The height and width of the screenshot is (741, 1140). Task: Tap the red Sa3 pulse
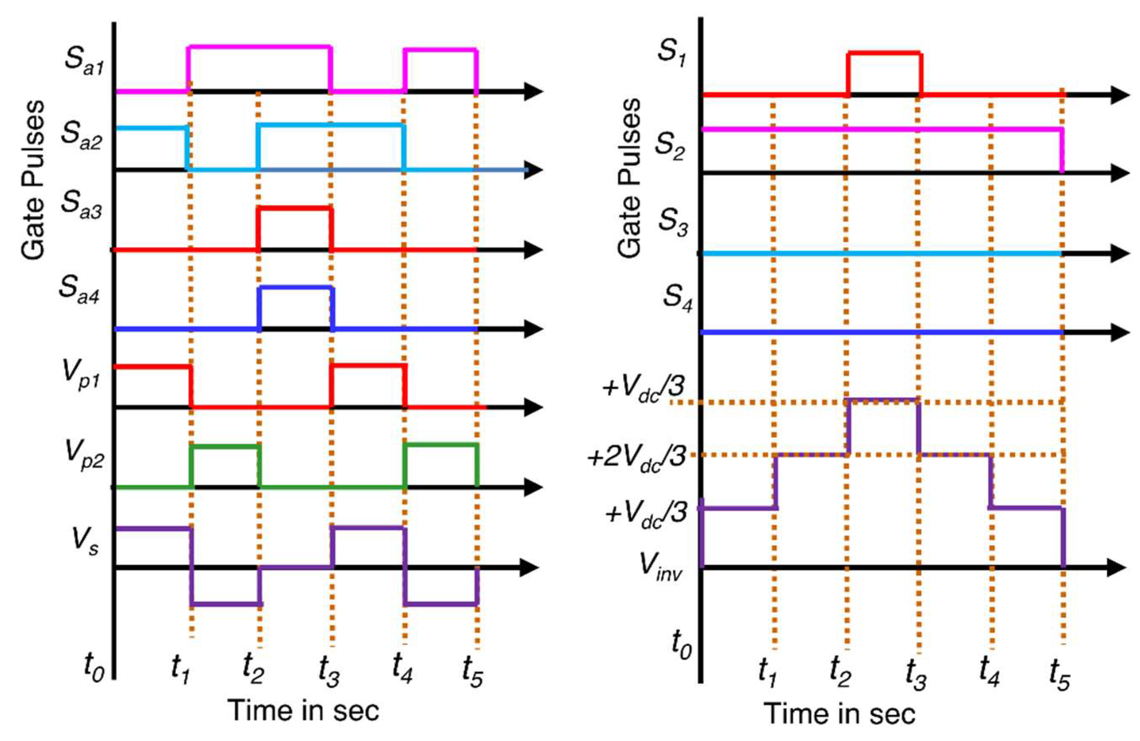click(x=294, y=209)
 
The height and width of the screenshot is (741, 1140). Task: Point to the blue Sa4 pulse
click(x=296, y=288)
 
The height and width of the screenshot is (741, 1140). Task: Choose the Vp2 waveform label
click(x=84, y=457)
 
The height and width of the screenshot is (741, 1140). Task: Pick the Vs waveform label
click(x=85, y=541)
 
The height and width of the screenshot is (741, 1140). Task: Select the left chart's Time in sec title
click(x=303, y=710)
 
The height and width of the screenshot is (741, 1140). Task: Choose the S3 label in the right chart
click(x=673, y=223)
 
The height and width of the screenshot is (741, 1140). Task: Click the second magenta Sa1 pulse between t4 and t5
click(x=440, y=49)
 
